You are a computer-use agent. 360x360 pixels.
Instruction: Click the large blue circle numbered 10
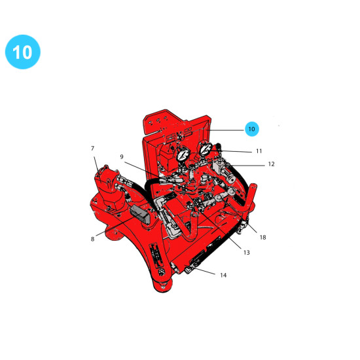tap(23, 52)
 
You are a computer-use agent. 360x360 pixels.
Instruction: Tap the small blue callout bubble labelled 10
tap(252, 129)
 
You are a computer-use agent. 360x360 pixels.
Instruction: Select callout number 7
tap(92, 149)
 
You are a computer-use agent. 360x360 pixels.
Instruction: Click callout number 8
tap(92, 239)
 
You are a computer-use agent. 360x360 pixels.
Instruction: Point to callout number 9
tap(122, 156)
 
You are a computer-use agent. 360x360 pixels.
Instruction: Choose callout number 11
tap(259, 151)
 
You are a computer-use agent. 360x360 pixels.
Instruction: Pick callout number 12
tap(272, 164)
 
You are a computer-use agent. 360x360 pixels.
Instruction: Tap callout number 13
tap(247, 253)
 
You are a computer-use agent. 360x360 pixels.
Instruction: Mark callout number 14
tap(223, 275)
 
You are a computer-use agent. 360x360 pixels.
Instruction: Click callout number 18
tap(263, 237)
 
